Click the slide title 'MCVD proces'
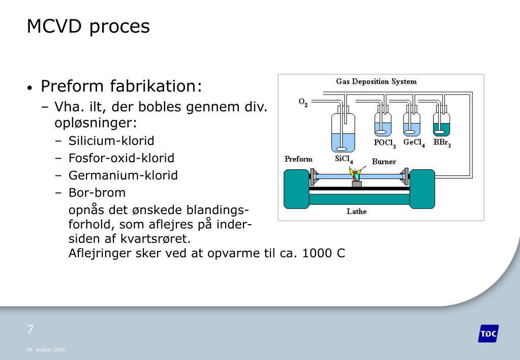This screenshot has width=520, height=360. click(88, 26)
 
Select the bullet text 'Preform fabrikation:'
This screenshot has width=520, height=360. click(121, 86)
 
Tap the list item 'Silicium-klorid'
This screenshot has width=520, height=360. click(111, 140)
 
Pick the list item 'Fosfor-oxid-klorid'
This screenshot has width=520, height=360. click(121, 158)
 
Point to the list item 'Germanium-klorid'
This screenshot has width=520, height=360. click(123, 175)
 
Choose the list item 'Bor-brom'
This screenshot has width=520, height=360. click(97, 193)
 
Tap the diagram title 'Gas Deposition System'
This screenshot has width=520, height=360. click(376, 81)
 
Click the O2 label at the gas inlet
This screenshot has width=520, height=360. click(303, 103)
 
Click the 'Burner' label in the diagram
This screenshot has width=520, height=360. click(384, 162)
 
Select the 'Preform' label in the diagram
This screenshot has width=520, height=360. click(298, 159)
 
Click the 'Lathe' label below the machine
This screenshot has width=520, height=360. click(356, 212)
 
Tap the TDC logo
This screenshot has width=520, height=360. click(488, 334)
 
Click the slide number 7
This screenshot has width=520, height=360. click(30, 329)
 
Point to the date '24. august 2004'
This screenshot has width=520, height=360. click(45, 350)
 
